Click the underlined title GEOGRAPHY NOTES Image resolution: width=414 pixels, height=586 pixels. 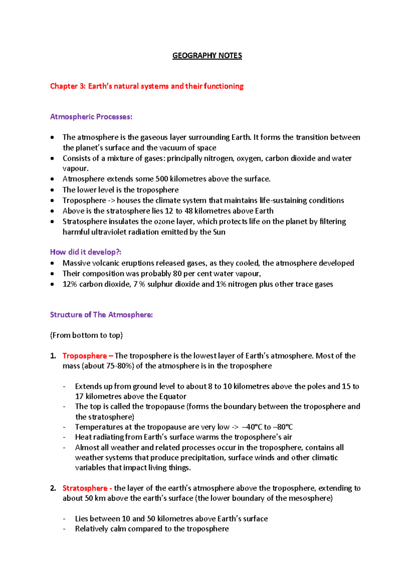click(x=207, y=56)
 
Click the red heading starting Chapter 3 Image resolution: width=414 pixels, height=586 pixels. click(x=147, y=86)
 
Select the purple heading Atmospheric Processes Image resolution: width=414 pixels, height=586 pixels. click(x=91, y=117)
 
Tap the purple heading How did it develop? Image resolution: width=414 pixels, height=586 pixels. click(x=86, y=252)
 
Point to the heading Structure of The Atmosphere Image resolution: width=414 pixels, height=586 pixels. click(x=101, y=315)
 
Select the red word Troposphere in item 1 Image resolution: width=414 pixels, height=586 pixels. click(x=85, y=356)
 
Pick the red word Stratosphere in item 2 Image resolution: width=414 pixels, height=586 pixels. click(x=85, y=488)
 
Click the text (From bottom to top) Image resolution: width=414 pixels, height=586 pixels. click(x=86, y=335)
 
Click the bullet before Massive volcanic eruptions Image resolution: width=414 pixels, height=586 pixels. click(x=52, y=263)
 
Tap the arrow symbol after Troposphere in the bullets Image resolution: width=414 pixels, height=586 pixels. click(x=111, y=201)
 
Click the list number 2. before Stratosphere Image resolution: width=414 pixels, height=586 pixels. click(x=53, y=488)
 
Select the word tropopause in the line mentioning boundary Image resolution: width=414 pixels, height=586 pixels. click(x=165, y=407)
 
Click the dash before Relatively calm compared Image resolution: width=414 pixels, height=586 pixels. click(x=65, y=529)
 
